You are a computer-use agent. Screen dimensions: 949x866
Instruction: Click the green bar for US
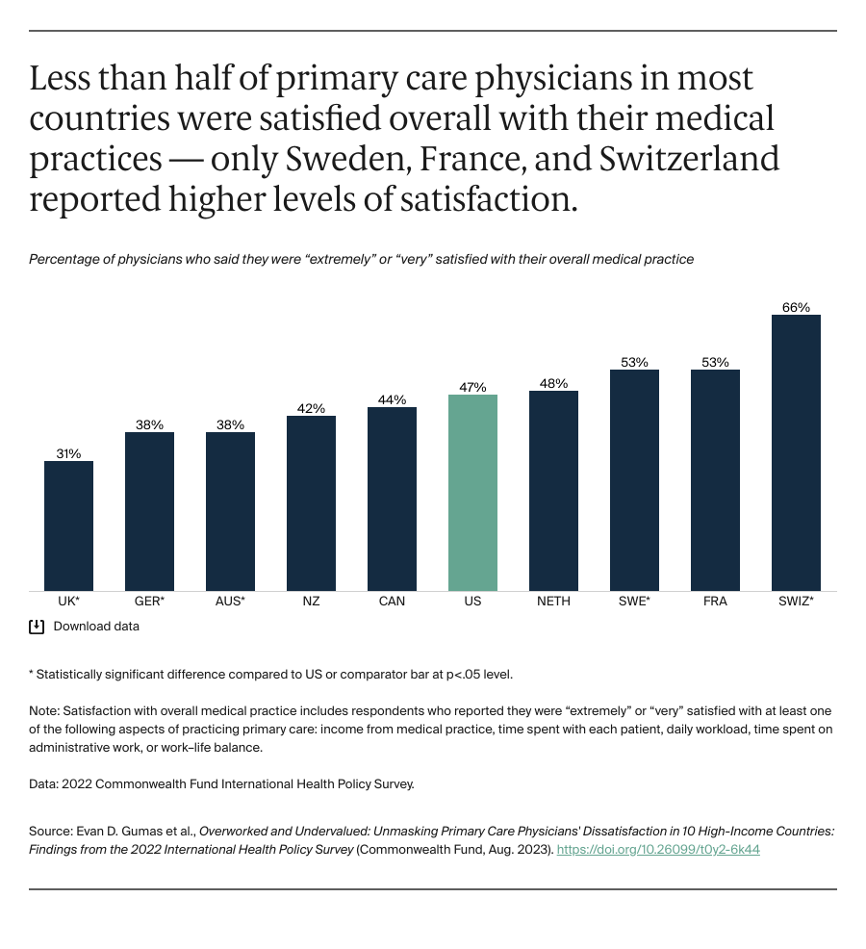click(x=472, y=493)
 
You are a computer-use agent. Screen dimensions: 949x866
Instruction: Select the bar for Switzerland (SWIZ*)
click(x=796, y=452)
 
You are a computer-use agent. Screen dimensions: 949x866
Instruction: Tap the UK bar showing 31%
click(x=68, y=526)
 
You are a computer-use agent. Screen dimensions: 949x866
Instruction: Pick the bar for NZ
click(x=311, y=503)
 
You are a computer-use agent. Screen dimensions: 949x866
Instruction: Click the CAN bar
click(x=392, y=499)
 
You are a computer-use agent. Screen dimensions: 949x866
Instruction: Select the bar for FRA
click(x=715, y=480)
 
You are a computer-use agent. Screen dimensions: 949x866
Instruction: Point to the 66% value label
click(x=796, y=308)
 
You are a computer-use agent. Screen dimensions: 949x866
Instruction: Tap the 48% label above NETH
click(x=553, y=383)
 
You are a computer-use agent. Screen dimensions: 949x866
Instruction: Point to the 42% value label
click(x=311, y=408)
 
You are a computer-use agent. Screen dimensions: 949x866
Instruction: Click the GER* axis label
click(x=149, y=602)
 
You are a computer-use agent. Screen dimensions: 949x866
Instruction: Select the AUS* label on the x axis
click(x=230, y=602)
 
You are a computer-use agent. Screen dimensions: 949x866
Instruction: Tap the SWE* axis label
click(x=634, y=602)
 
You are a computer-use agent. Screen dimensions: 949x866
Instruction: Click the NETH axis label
click(x=553, y=602)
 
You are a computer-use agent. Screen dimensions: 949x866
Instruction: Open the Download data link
click(x=96, y=627)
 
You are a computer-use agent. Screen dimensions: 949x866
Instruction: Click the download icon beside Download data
click(x=37, y=627)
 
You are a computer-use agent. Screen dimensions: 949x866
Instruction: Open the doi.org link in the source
click(x=658, y=850)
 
